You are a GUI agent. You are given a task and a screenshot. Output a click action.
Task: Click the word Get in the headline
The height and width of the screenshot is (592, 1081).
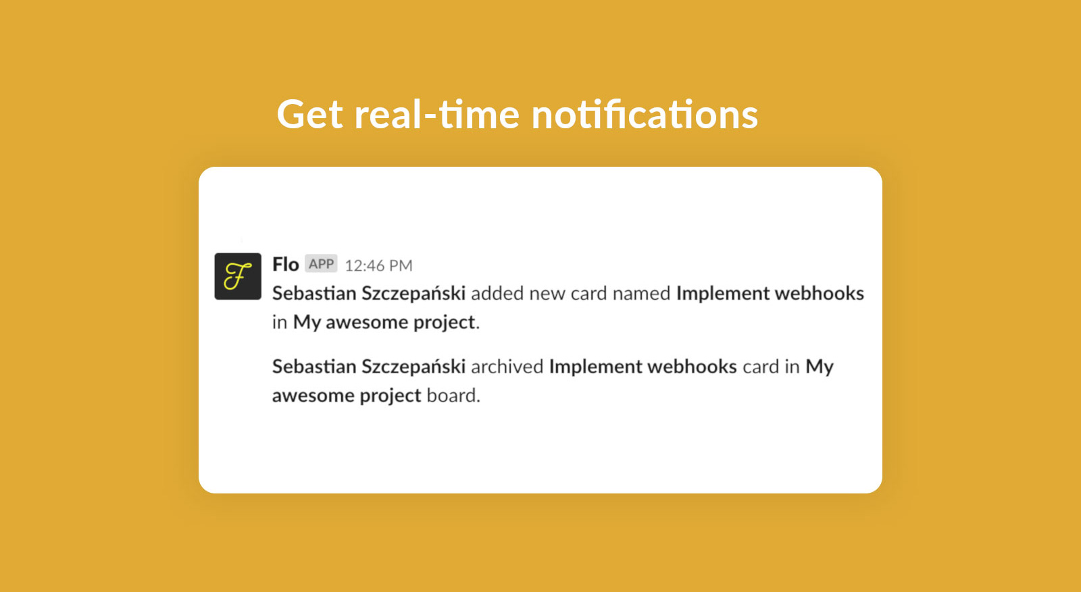coord(310,115)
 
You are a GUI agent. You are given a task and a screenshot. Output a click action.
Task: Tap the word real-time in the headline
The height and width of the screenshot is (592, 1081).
coord(436,115)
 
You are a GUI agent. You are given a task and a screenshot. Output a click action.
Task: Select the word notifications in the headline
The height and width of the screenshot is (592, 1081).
coord(645,115)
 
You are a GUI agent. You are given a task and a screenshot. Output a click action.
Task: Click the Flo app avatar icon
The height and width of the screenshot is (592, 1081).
coord(238,276)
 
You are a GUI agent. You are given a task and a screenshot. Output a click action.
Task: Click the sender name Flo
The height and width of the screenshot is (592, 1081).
coord(286,264)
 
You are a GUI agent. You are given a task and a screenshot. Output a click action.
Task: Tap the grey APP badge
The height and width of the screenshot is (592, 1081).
coord(322,264)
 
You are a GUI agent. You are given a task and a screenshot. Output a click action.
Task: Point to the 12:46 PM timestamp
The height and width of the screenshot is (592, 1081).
coord(379,266)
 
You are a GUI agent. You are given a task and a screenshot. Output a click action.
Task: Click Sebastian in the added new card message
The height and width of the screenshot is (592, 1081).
coord(314,293)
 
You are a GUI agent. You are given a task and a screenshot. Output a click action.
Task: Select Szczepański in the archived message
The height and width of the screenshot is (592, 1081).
coord(413,367)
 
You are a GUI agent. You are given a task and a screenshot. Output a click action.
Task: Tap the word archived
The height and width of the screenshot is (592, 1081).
coord(507,367)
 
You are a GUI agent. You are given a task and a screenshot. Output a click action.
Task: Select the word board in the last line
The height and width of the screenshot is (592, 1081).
coord(453,396)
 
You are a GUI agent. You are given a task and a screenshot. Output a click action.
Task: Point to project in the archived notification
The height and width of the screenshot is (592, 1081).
coord(391,396)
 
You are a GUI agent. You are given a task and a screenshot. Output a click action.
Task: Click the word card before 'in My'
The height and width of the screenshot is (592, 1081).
coord(761,367)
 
